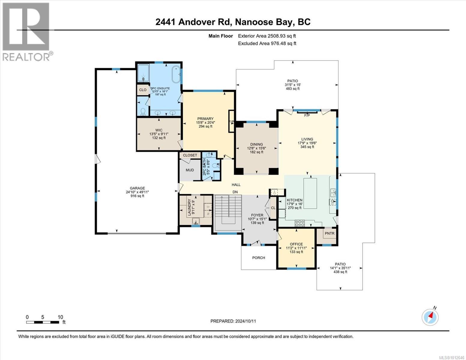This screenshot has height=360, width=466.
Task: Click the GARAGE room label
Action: pyautogui.click(x=137, y=188)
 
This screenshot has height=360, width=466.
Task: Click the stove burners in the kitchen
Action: pyautogui.click(x=299, y=223)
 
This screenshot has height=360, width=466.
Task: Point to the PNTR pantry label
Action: pyautogui.click(x=329, y=233)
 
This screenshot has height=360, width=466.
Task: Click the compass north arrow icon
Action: pyautogui.click(x=430, y=317)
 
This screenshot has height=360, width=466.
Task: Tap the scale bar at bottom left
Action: pyautogui.click(x=43, y=322)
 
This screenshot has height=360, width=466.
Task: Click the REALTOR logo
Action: pyautogui.click(x=27, y=32)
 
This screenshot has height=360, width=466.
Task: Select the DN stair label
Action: pyautogui.click(x=235, y=192)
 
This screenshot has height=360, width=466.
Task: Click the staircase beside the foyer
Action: pyautogui.click(x=228, y=212)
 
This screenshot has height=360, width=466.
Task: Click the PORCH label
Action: pyautogui.click(x=258, y=258)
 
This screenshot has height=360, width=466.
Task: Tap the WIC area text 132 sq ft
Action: pyautogui.click(x=159, y=138)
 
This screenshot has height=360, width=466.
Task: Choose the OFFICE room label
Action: pyautogui.click(x=296, y=244)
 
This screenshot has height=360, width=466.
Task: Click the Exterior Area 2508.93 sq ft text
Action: pyautogui.click(x=267, y=36)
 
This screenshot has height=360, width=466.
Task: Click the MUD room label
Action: pyautogui.click(x=190, y=170)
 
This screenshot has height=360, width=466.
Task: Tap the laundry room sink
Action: pyautogui.click(x=196, y=221)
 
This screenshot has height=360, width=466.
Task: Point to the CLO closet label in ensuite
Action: pyautogui.click(x=143, y=90)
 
